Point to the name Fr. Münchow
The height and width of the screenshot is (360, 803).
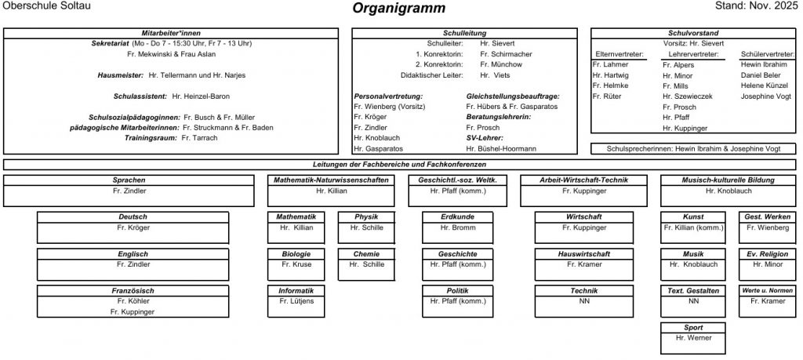point(502,64)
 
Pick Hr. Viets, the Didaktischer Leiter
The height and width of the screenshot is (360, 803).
point(495,75)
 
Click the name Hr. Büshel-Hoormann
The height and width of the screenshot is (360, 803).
point(501,148)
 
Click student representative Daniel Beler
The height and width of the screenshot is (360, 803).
point(761,75)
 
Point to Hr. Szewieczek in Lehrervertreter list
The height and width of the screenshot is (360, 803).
point(687,96)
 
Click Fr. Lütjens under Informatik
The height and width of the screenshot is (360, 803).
point(296,301)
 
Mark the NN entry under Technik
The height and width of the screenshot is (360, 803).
point(583,301)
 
